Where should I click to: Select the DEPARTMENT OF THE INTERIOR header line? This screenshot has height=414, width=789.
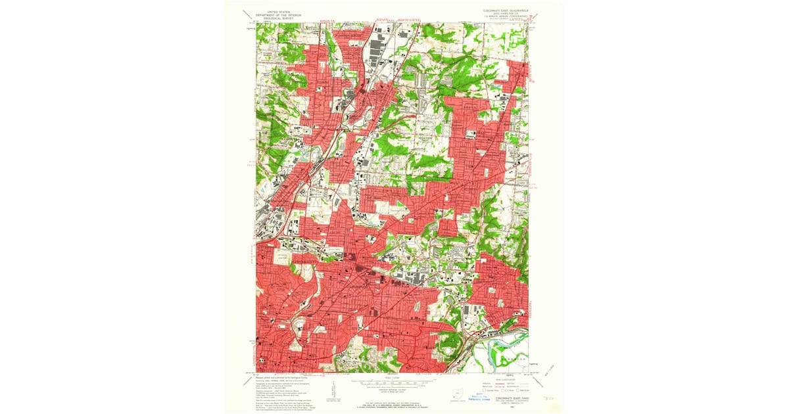[266, 14]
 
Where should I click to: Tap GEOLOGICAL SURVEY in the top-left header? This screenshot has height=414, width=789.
[266, 18]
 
